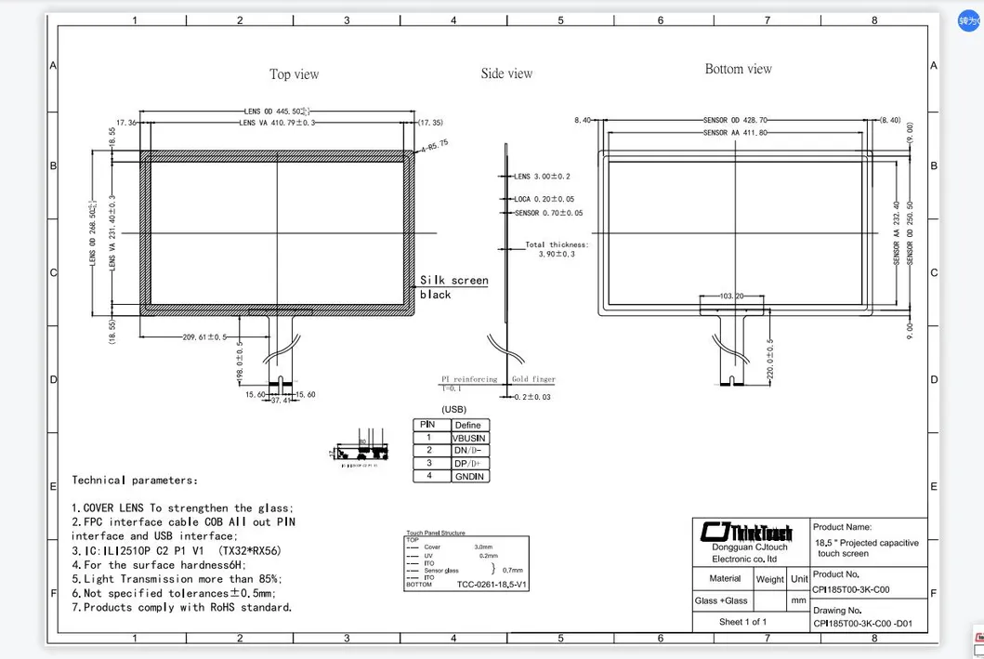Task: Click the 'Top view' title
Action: tap(294, 74)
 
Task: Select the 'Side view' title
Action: tap(506, 73)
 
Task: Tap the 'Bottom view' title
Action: tap(738, 69)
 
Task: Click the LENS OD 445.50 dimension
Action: tap(277, 111)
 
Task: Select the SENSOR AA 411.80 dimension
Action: tap(735, 133)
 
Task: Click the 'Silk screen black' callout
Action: tap(453, 287)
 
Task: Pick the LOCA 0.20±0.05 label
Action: tap(544, 199)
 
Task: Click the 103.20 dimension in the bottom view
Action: tap(732, 296)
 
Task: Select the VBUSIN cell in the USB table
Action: tap(467, 438)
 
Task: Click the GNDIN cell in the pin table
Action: tap(467, 476)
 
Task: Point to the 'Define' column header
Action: tap(467, 425)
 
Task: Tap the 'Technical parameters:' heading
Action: tap(135, 481)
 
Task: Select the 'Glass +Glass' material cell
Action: tap(721, 600)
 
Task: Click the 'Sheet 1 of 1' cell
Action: tap(742, 622)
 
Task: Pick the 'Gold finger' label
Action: tap(531, 380)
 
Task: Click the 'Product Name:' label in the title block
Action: tap(843, 527)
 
